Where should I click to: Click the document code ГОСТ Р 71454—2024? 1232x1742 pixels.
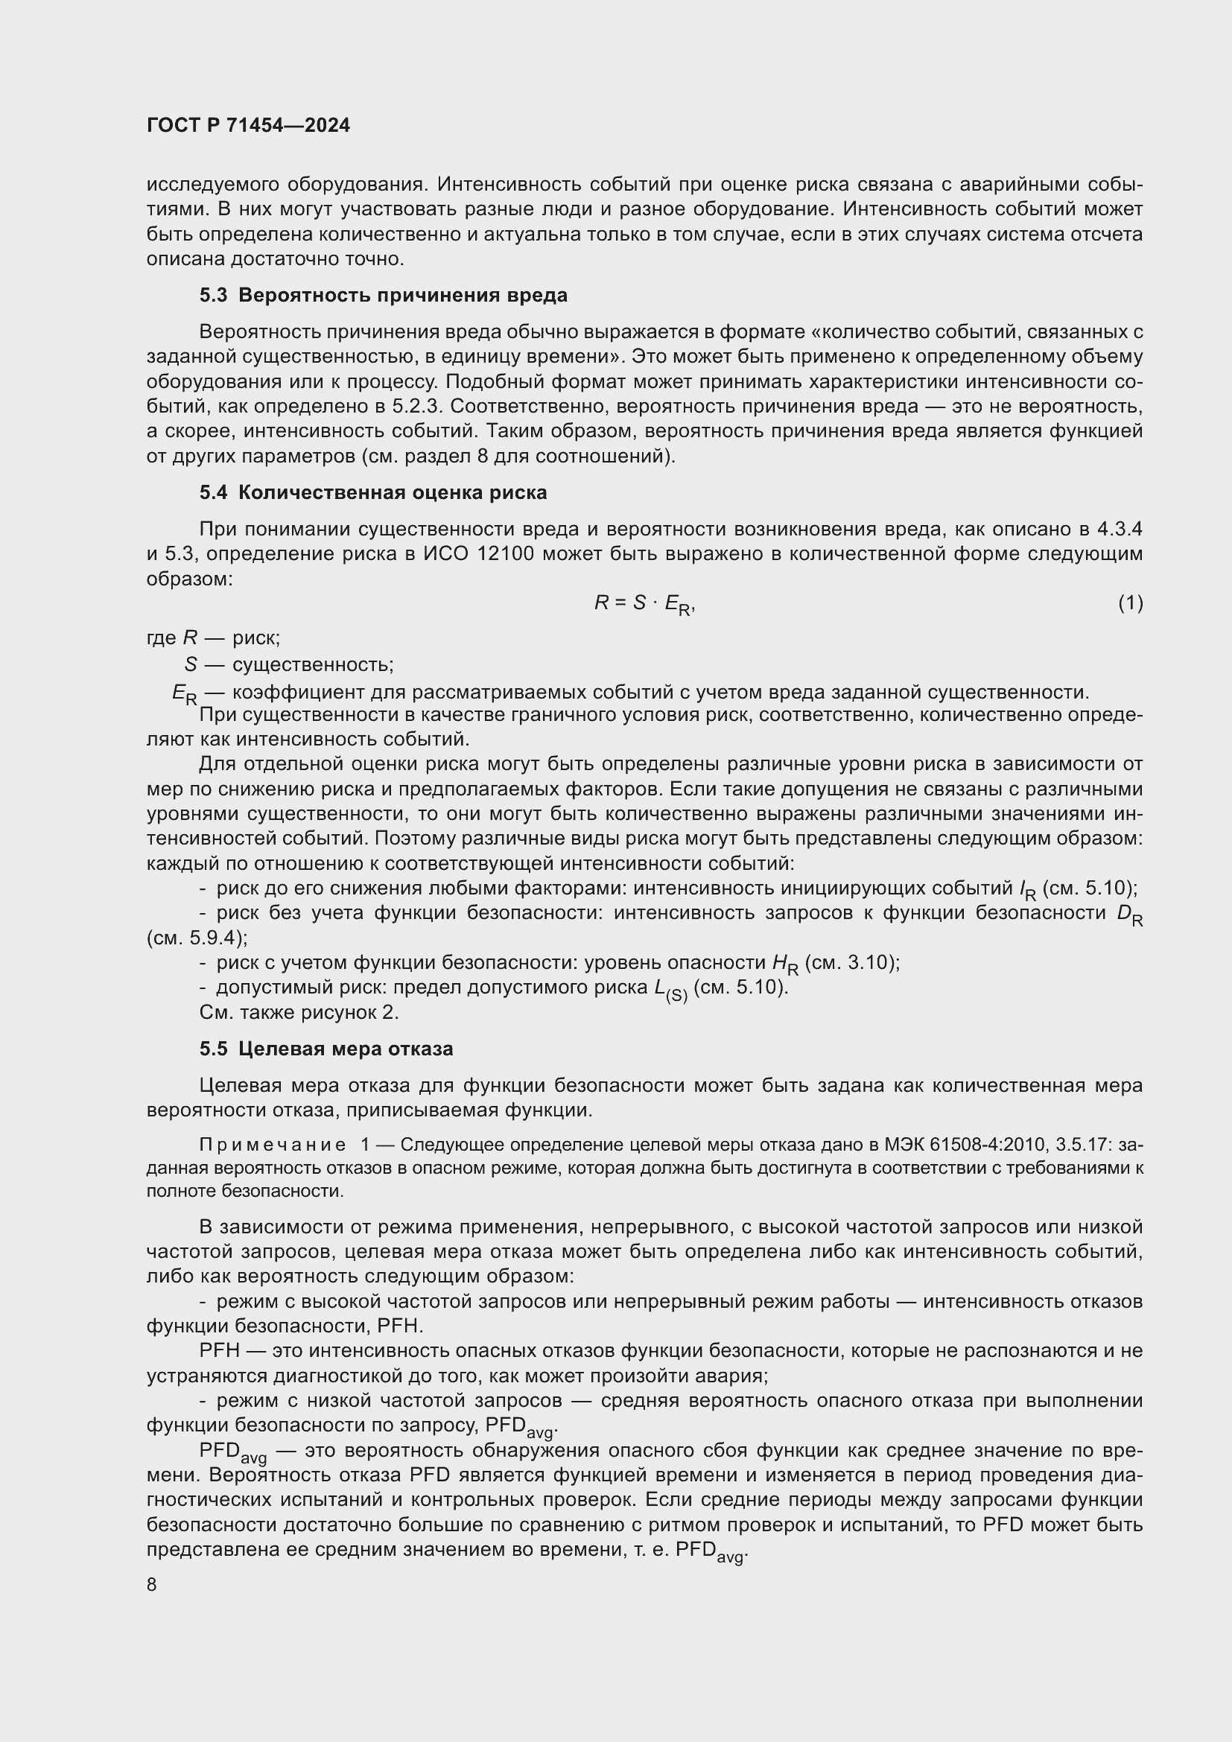pos(248,125)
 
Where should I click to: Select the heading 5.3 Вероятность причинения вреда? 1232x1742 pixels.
pos(383,295)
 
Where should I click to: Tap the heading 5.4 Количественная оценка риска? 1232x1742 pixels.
pos(373,492)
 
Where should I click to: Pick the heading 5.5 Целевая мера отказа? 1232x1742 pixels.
pos(326,1049)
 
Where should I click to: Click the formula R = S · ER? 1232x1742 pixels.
pos(644,604)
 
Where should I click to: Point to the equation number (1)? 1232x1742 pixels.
pos(1130,603)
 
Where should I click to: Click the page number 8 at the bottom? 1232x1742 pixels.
pos(152,1585)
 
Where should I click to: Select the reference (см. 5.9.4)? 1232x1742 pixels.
pos(197,938)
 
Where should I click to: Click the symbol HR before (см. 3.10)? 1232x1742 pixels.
pos(785,964)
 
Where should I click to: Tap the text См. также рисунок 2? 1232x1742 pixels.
pos(299,1012)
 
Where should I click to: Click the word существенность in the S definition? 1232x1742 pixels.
pos(313,664)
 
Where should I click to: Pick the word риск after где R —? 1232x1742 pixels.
pos(255,638)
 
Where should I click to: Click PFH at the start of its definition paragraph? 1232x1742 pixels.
pos(219,1350)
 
